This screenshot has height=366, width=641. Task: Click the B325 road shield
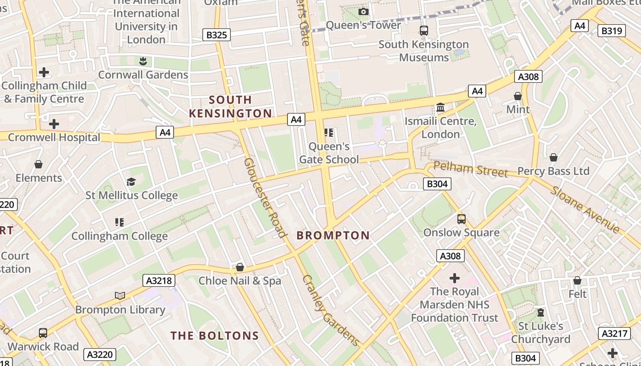(216, 35)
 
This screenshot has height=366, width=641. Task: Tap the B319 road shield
(612, 31)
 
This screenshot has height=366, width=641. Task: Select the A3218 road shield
(159, 280)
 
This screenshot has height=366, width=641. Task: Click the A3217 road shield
(614, 334)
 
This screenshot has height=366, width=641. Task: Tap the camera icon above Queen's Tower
(364, 11)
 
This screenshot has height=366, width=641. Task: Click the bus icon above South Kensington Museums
(424, 31)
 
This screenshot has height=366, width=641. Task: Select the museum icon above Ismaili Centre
(440, 108)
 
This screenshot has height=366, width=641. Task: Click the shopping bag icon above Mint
(518, 96)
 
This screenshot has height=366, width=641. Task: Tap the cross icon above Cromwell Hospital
(54, 124)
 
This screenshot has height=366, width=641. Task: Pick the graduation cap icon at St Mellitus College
(131, 182)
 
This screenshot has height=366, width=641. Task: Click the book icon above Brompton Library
(120, 296)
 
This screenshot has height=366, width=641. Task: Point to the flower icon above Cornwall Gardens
(143, 61)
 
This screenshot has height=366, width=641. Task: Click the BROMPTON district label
(333, 236)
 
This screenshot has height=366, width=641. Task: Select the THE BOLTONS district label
(215, 336)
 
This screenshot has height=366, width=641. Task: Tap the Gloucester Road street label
(265, 198)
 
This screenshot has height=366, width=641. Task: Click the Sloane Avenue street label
(586, 210)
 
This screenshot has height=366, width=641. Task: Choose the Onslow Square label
(461, 232)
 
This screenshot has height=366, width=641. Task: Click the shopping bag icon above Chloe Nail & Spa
(239, 267)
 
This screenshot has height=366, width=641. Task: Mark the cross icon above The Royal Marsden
(454, 278)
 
